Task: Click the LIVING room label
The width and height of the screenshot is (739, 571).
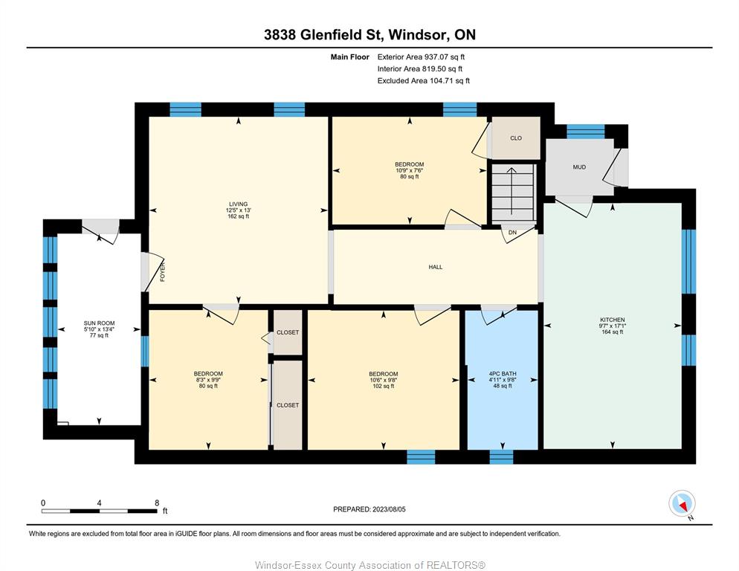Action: pos(239,204)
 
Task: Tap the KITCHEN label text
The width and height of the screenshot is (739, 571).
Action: pos(612,320)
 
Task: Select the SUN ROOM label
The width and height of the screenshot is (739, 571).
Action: pos(99,323)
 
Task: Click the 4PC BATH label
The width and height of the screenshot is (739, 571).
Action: pos(503,373)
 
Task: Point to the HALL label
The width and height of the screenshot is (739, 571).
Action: pos(436,267)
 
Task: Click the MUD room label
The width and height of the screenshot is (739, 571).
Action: pos(579,167)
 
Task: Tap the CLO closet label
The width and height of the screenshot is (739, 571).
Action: pos(516,138)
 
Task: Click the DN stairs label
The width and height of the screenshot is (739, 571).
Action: pos(512,233)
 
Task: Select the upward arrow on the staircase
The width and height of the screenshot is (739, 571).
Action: pos(512,190)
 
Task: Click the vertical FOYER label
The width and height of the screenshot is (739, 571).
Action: pos(163,273)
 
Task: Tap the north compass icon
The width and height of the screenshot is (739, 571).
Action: pos(682,503)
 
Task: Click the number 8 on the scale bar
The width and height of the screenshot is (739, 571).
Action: pos(157,503)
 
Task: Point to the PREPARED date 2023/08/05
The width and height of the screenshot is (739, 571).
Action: pos(389,509)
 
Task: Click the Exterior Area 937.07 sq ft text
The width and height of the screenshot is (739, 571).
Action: pos(421,57)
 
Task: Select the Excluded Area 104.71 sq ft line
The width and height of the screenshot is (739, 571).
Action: pos(423,80)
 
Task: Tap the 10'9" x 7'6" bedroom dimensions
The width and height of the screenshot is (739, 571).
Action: pos(409,170)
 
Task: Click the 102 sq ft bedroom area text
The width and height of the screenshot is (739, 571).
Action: pos(383,386)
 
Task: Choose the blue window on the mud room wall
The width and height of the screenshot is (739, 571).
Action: pos(585,131)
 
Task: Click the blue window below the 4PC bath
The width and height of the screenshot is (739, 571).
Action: pos(501,457)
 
